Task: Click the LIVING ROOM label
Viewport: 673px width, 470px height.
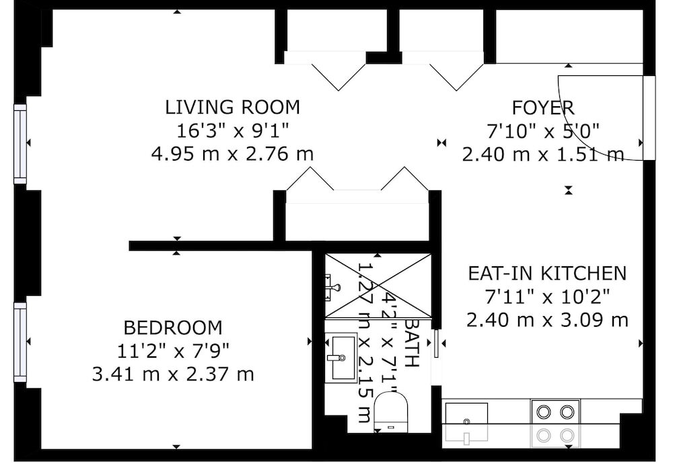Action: coord(233,107)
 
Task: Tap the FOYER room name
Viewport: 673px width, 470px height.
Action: coord(543,108)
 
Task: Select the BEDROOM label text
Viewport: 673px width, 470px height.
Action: coord(173,328)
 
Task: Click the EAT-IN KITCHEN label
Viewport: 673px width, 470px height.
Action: coord(547,273)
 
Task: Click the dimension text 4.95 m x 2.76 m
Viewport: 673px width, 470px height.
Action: coord(233,153)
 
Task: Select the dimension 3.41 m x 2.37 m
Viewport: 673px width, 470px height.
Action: coord(173,374)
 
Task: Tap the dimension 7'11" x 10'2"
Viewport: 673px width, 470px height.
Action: coord(547,297)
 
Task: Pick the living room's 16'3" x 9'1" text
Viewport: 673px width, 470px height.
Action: coord(233,130)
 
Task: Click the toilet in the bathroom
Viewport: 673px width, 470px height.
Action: coord(390,413)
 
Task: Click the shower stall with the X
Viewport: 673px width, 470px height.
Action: coord(378,286)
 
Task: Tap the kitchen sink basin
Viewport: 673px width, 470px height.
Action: coord(466,422)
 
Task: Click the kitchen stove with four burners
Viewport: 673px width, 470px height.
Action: coord(556,423)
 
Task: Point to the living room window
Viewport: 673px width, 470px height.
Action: coord(20,144)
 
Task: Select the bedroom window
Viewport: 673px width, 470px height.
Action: coord(20,342)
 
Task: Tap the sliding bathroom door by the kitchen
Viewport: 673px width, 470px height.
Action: coord(436,343)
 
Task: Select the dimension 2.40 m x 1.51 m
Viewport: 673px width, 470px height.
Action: coord(543,154)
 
